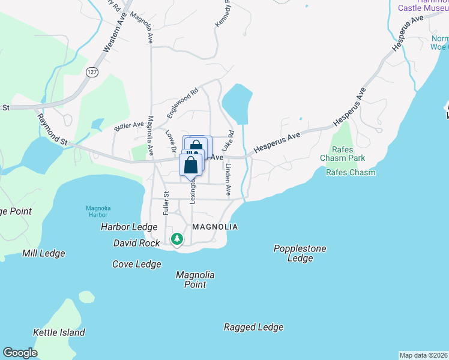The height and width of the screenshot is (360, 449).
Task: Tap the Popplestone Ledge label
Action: click(300, 253)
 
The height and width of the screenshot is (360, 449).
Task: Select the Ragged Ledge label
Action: click(253, 327)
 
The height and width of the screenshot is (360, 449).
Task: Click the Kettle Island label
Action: click(59, 332)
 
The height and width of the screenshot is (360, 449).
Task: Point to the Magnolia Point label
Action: click(195, 280)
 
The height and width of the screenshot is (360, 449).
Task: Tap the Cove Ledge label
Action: click(137, 264)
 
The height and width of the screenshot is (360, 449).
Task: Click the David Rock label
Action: click(137, 243)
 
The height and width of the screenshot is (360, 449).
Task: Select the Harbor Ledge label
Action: click(129, 227)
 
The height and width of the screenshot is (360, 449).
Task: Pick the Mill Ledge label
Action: click(44, 253)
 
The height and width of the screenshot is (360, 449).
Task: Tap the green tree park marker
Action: click(176, 239)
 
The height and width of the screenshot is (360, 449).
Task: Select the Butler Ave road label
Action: click(129, 126)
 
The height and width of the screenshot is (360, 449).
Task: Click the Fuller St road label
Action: click(166, 203)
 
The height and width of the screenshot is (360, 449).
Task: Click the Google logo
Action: click(20, 353)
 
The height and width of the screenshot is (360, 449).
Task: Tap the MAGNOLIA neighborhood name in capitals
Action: click(215, 227)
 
